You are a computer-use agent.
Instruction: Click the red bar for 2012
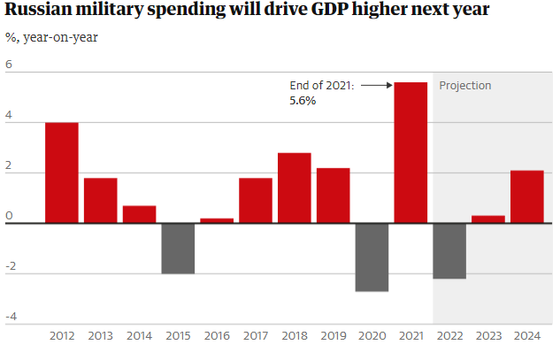pos(62,172)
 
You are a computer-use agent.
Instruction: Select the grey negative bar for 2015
pos(178,249)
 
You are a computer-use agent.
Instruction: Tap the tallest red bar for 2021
pos(410,152)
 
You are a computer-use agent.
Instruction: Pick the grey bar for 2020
pos(372,257)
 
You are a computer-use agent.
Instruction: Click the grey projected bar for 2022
pos(449,251)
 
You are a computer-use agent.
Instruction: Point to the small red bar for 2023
pos(488,219)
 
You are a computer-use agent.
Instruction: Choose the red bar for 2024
pos(527,196)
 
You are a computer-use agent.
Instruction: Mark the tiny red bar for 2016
pos(217,220)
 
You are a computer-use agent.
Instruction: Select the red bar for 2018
pos(295,188)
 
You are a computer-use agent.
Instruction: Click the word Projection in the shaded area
pos(465,86)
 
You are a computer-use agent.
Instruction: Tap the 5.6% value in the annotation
pos(303,101)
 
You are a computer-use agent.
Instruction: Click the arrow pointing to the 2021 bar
pos(376,86)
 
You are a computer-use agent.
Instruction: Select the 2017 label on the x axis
pos(256,337)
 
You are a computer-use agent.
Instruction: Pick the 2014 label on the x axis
pos(139,337)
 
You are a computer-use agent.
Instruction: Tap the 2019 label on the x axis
pos(333,337)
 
